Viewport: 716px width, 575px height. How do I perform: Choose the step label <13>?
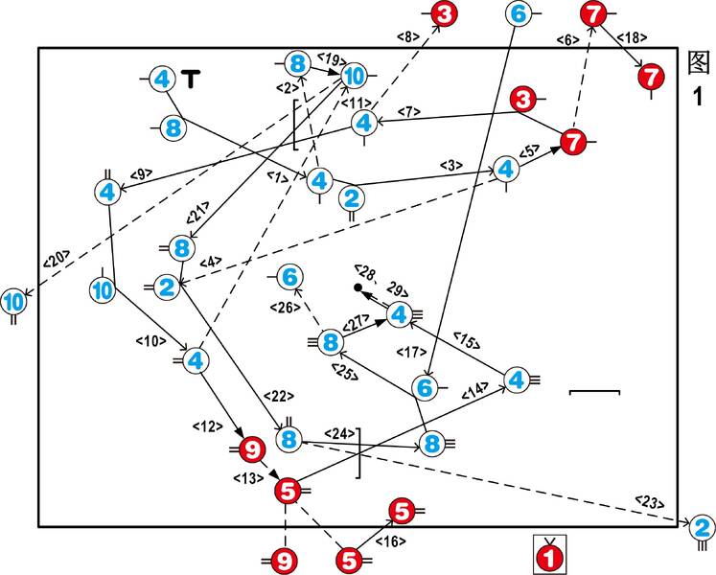click(248, 477)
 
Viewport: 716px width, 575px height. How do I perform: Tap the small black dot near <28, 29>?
click(357, 287)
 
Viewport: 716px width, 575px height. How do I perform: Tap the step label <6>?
click(568, 38)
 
